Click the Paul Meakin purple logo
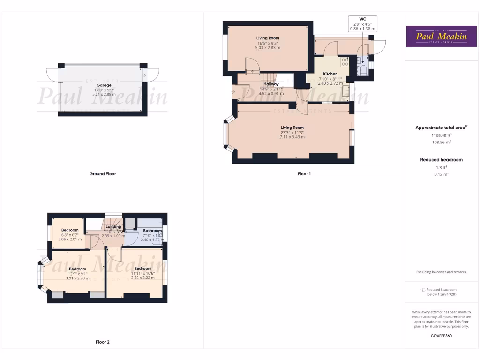[x=441, y=36]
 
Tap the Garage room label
[x=104, y=85]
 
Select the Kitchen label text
[x=330, y=74]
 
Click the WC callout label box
[x=362, y=24]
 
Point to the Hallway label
[x=271, y=84]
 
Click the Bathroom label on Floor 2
[x=152, y=231]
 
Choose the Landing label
[x=113, y=227]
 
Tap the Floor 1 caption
[x=304, y=174]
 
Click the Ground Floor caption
[x=103, y=174]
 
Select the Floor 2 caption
[x=102, y=342]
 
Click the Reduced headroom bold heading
[x=441, y=160]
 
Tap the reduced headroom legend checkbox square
[x=424, y=290]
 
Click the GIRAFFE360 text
[x=441, y=336]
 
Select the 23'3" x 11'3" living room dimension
[x=292, y=132]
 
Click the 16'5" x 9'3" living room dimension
[x=267, y=43]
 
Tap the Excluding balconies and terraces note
[x=441, y=272]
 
